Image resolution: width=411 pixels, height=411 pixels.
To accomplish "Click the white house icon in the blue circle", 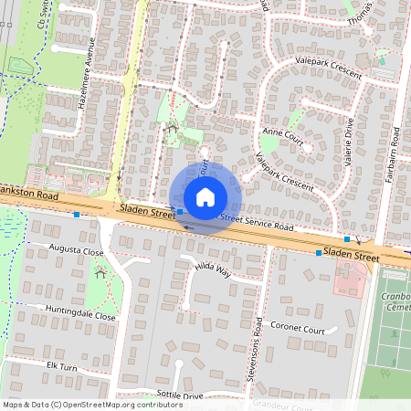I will coord(205,197).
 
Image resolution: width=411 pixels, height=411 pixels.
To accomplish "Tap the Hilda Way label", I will coord(212,268).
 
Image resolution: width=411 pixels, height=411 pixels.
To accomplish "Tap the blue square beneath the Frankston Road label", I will coord(77,215).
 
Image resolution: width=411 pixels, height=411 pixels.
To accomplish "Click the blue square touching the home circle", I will coord(180,211).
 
